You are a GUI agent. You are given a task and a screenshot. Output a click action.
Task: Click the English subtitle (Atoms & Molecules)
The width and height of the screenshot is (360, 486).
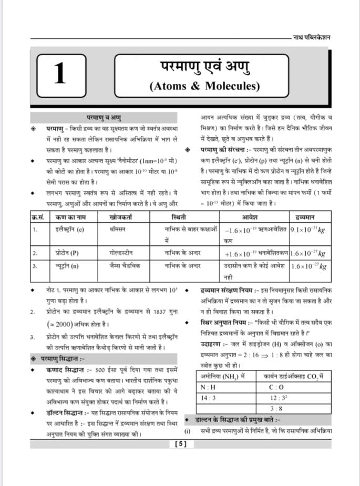tap(204, 86)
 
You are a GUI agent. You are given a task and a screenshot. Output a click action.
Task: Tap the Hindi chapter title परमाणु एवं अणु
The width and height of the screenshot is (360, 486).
tap(204, 67)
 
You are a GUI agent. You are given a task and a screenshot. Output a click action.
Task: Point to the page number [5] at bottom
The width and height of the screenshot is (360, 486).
tap(180, 444)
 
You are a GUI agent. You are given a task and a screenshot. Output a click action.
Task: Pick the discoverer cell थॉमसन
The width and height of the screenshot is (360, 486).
tap(117, 229)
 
